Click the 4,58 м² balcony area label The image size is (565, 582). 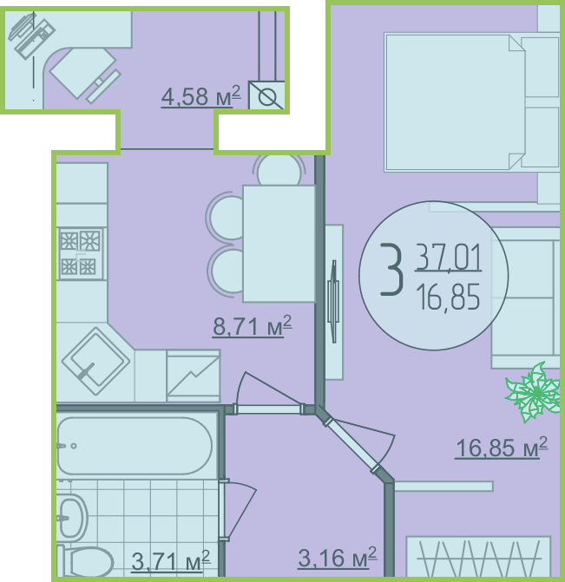coord(201,96)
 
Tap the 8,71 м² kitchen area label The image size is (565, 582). coord(253,326)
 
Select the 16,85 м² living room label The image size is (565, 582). coord(502,448)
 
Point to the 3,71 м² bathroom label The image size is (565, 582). coord(171,560)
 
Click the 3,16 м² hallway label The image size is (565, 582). coord(338,557)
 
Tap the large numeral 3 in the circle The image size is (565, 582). coord(391,269)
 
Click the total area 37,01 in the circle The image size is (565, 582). coord(448,257)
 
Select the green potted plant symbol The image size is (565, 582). coord(534,392)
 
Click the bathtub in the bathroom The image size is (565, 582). coord(135,446)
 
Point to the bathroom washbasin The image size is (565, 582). coord(72,517)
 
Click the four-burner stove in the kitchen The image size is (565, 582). coord(81,254)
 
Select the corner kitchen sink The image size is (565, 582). coord(95,361)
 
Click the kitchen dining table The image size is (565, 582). coord(279,244)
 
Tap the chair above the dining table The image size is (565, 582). coord(279,170)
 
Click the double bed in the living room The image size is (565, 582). coord(472,102)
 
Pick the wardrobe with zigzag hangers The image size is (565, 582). coord(479,556)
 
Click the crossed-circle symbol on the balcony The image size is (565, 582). coord(266,95)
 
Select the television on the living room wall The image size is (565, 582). coord(333,301)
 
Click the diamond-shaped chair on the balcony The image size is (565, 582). coord(82,73)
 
